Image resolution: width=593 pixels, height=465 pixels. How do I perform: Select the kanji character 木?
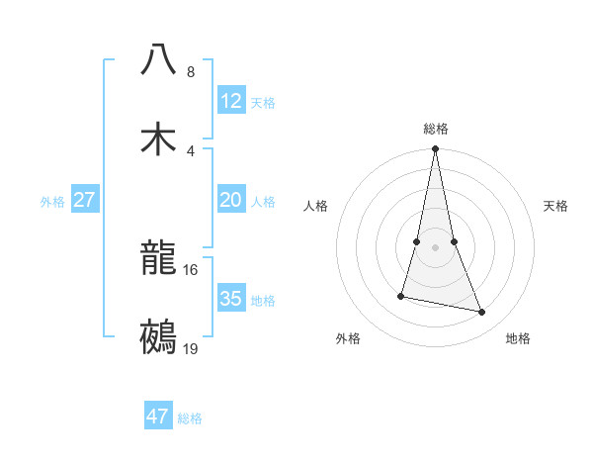coord(159,138)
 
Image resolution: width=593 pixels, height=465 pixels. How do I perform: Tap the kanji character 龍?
coord(159,258)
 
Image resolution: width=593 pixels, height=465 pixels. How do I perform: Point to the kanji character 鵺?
coord(159,336)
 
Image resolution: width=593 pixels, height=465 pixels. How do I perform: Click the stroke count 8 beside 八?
coord(191,72)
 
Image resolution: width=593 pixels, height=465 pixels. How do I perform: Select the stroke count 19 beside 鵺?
coord(191,348)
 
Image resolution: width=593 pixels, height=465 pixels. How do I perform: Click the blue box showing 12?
coord(230,101)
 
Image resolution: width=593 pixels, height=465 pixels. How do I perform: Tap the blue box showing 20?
coord(230,200)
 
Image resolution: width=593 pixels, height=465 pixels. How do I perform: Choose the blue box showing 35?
coord(230,299)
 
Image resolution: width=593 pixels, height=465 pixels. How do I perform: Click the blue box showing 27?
coord(84,200)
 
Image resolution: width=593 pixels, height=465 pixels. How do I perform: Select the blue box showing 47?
coord(158,417)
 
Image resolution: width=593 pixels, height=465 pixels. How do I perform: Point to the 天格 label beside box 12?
coord(263,102)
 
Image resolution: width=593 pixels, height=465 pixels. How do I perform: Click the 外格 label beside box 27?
coord(52,201)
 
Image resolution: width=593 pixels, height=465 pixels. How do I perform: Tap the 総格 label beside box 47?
coord(190,418)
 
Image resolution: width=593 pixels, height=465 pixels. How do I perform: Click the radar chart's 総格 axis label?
coord(436,129)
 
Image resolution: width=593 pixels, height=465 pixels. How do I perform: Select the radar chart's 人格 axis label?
coord(316,206)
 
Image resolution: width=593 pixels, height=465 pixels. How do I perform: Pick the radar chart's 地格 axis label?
coord(518,338)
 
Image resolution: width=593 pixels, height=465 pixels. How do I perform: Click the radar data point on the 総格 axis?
coord(436,149)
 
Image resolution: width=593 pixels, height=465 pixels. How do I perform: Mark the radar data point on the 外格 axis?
coord(401,296)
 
